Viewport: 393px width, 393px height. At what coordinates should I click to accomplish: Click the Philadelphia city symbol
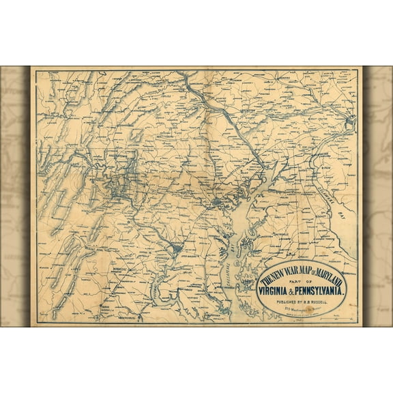pyautogui.click(x=351, y=121)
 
